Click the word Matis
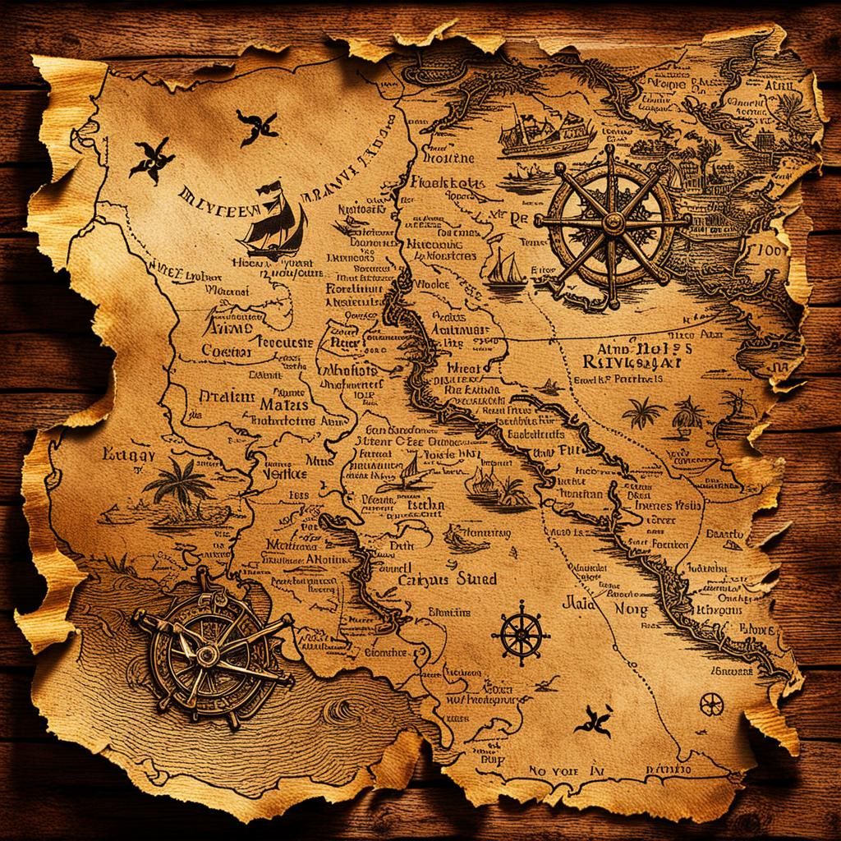tap(283, 404)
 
